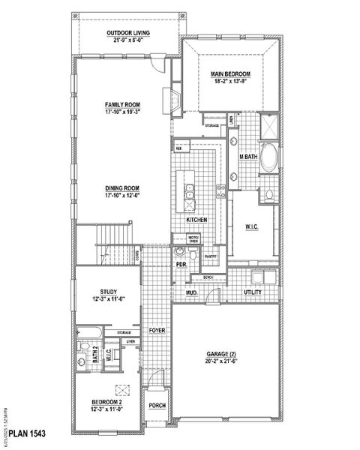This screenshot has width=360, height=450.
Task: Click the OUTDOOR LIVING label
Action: pos(127,34)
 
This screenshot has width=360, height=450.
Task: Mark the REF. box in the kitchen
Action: pos(179,148)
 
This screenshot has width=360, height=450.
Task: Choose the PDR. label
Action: pos(180,265)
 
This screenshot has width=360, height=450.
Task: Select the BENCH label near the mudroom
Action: pos(208,277)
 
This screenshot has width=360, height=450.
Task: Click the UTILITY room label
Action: pos(252,292)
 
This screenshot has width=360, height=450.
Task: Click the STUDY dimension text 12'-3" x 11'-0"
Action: pos(108,298)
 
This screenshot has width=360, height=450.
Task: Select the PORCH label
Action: pos(157,406)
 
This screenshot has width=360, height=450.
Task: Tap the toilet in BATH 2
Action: pos(85,347)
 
